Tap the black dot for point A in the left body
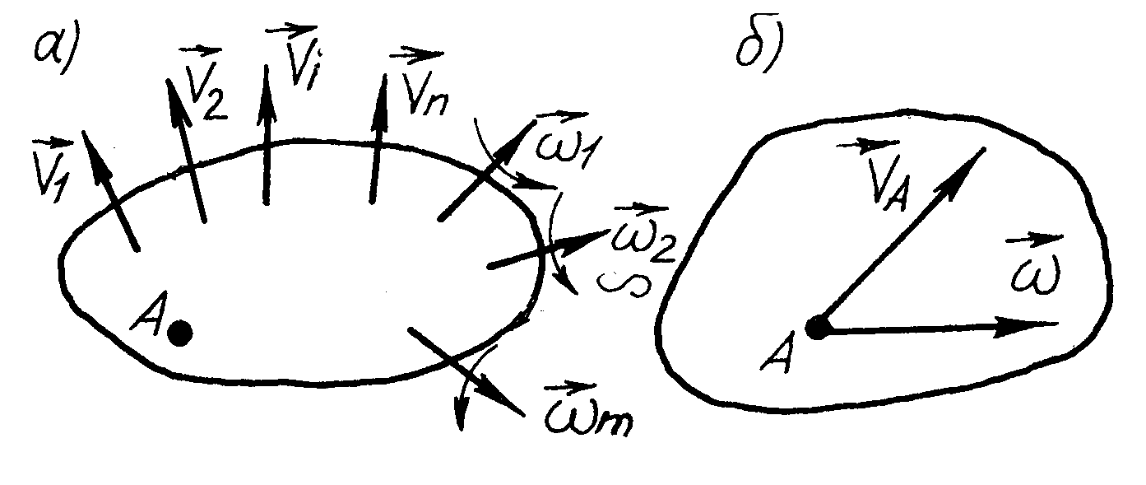pyautogui.click(x=179, y=333)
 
